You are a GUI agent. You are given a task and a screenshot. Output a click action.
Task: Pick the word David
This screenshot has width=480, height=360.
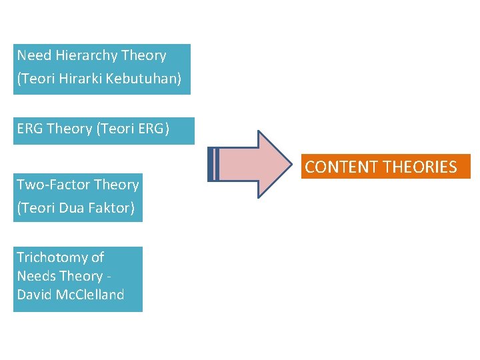click(x=34, y=295)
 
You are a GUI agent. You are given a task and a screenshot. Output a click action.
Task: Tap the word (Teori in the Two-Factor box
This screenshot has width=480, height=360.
click(x=37, y=208)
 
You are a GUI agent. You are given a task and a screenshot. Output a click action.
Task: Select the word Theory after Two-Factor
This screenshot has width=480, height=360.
click(x=117, y=185)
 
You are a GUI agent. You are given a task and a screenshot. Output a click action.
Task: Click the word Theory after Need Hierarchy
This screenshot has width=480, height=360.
click(x=144, y=55)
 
